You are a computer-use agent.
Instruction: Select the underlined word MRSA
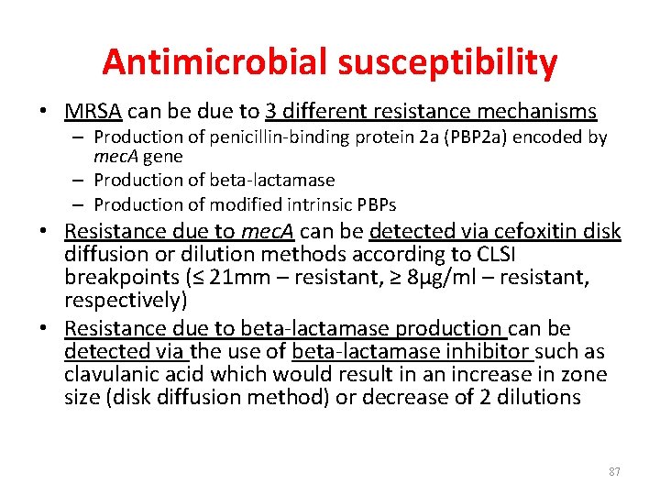[93, 112]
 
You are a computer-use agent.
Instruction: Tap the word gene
[164, 157]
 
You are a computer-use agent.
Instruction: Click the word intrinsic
[321, 203]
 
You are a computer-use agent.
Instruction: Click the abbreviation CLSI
[497, 254]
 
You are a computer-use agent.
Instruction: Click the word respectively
[120, 299]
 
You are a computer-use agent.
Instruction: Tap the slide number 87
[614, 471]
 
